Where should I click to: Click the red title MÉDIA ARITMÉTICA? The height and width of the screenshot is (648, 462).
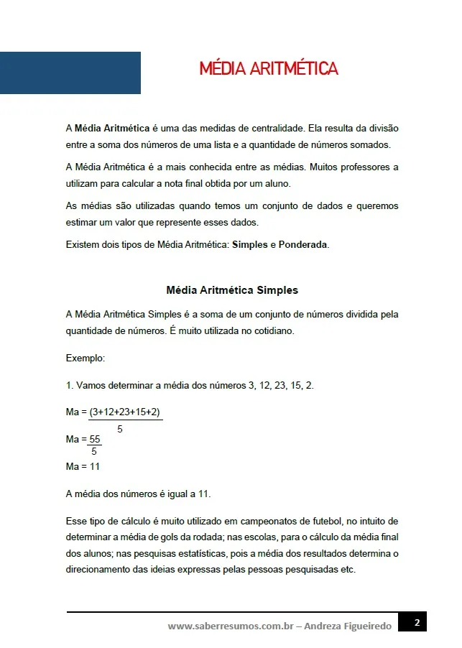pos(269,69)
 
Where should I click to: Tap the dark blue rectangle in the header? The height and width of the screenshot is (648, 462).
pos(70,73)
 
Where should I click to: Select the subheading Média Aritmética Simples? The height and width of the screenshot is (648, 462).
pos(232,290)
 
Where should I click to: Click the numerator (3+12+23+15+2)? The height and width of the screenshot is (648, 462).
pos(125,412)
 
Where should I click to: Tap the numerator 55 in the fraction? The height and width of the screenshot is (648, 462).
pos(94,439)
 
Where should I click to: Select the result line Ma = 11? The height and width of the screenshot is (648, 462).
pos(83,466)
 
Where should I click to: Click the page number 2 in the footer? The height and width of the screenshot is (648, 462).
pos(416,622)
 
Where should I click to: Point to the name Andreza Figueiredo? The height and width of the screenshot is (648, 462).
pos(348,626)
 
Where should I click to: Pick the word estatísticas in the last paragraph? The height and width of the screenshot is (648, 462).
pos(189,554)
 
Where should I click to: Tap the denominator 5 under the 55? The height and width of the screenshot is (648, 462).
pos(94,451)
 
